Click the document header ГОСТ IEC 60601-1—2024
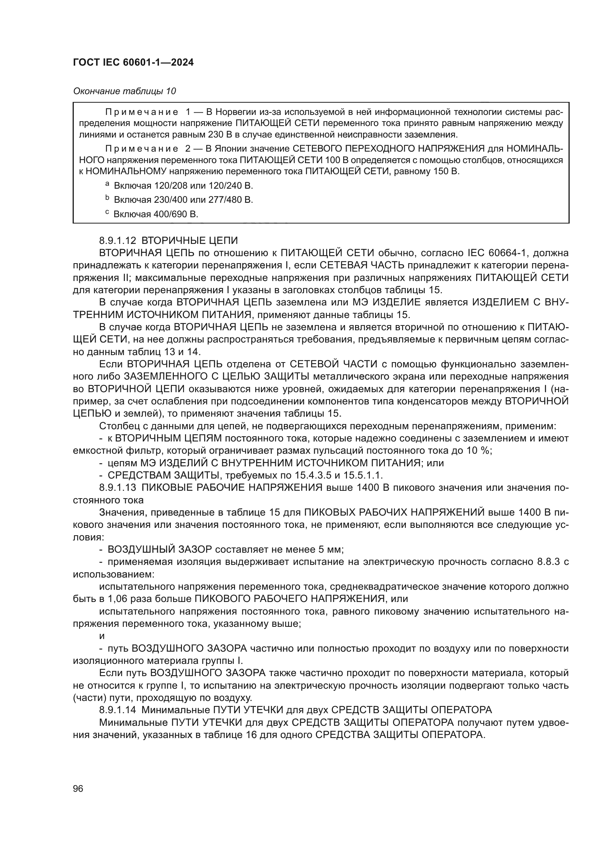133,63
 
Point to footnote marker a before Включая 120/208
107,184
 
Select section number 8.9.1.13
117,487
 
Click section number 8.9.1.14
117,710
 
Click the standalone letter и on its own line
102,636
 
